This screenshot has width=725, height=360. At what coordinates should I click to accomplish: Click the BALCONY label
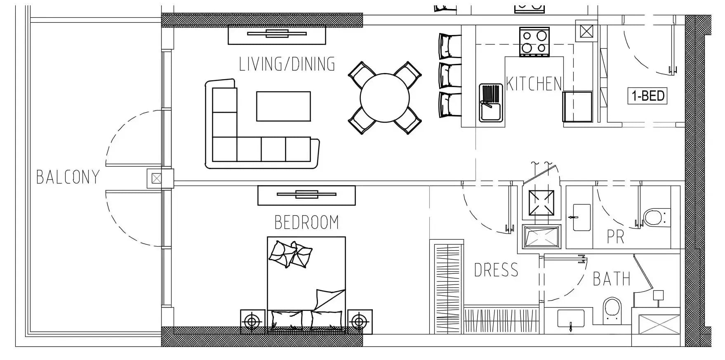click(x=68, y=177)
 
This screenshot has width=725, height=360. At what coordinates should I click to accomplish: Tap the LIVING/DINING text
click(x=287, y=64)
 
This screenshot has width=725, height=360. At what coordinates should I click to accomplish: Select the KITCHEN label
click(x=534, y=84)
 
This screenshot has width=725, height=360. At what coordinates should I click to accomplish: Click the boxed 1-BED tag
click(x=647, y=96)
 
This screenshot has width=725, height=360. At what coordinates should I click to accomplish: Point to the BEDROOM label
click(x=306, y=222)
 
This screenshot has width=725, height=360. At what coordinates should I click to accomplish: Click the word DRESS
click(x=496, y=270)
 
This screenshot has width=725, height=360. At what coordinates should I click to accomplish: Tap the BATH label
click(x=612, y=279)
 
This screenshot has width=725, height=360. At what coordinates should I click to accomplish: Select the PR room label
click(x=615, y=237)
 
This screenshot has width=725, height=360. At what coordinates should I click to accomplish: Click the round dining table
click(x=385, y=98)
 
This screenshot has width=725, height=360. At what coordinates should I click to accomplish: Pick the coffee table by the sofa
click(x=283, y=106)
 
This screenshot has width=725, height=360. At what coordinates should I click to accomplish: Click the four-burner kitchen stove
click(x=534, y=42)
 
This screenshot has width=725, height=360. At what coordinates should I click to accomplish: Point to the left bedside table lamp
click(x=252, y=321)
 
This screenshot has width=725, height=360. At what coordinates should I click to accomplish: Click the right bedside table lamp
click(x=359, y=321)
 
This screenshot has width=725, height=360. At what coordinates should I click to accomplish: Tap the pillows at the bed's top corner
click(x=290, y=254)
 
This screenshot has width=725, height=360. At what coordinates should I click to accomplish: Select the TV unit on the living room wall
click(x=277, y=35)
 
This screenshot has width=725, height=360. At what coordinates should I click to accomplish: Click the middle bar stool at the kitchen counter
click(x=450, y=75)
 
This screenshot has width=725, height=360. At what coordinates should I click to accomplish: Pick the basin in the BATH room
click(x=571, y=319)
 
